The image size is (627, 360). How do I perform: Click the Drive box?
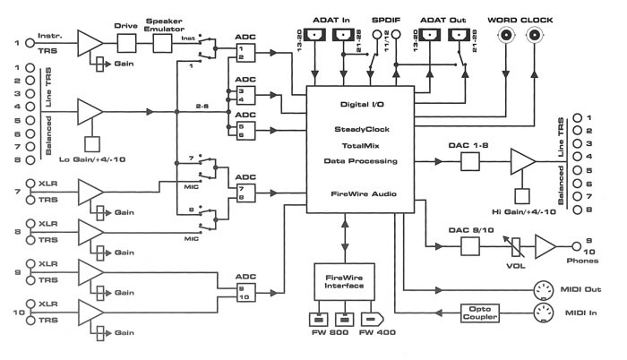[125, 42]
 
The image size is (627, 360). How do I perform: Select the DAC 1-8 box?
[473, 160]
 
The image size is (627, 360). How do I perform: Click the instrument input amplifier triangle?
[90, 42]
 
